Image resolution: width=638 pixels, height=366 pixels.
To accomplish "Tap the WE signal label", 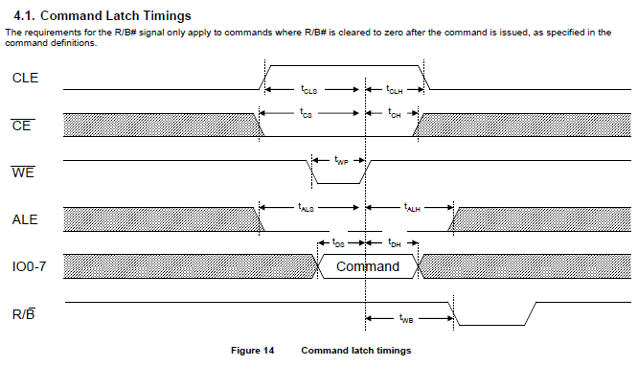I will point(24,172).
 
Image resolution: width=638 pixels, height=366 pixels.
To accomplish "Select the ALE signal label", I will point(26,219).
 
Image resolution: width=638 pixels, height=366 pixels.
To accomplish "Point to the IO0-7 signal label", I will point(32,266).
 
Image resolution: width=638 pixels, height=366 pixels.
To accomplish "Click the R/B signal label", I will point(25,313).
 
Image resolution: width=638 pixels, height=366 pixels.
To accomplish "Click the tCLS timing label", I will point(308,90).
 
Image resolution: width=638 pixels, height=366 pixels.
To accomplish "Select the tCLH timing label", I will point(395,90).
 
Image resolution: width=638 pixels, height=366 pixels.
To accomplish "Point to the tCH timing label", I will point(394,113).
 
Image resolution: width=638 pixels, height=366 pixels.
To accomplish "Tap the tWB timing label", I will point(407,316).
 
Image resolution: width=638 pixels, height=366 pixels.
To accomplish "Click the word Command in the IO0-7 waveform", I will point(368,266).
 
